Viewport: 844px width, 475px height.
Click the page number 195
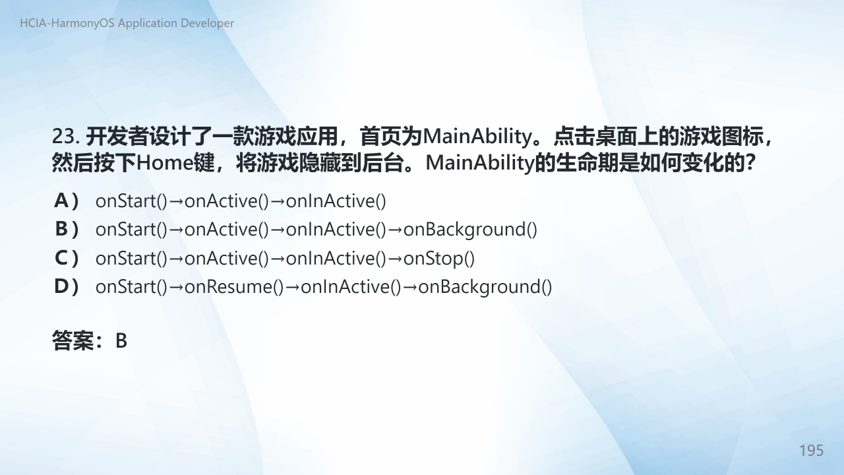click(x=811, y=451)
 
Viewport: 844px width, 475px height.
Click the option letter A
click(x=61, y=201)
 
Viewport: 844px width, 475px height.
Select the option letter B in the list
click(x=61, y=229)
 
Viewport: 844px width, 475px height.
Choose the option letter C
click(x=61, y=258)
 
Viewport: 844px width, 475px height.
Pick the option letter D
click(x=61, y=286)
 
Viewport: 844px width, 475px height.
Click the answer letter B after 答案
click(x=121, y=341)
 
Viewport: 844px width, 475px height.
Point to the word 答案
click(x=73, y=341)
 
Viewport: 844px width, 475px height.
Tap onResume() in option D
click(x=234, y=287)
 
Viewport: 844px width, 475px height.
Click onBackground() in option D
click(x=485, y=287)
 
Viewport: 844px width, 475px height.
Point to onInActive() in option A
click(x=336, y=201)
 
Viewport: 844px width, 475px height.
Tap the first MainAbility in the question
click(x=477, y=137)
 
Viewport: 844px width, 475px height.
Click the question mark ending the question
click(x=750, y=163)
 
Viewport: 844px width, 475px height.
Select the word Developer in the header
click(x=207, y=23)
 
